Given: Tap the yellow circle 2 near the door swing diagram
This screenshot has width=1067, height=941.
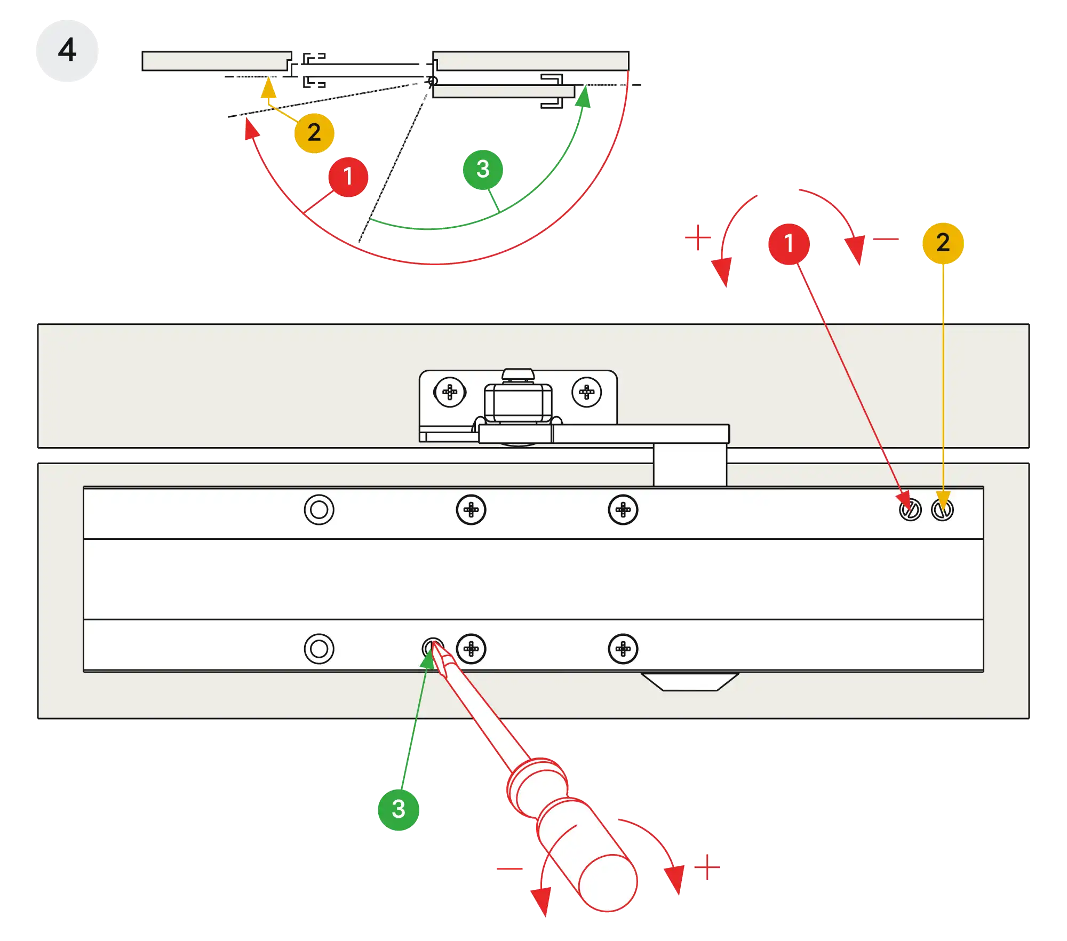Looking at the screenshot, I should [314, 132].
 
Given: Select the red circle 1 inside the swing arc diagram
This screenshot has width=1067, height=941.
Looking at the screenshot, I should [348, 177].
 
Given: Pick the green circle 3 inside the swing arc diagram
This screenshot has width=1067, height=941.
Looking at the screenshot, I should [482, 170].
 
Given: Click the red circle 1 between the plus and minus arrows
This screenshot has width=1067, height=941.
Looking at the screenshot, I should [789, 243].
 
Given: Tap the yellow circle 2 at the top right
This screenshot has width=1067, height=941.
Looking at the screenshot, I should [943, 243].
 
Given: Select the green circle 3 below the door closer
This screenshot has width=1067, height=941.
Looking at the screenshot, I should [398, 809].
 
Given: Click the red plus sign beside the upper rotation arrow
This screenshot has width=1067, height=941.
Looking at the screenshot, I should [697, 237].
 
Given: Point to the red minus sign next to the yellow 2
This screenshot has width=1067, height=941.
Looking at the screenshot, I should [886, 240].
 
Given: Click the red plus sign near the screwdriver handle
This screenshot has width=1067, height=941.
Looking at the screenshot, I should [707, 868].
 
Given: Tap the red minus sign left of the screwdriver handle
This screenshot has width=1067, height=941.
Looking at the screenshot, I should [509, 868].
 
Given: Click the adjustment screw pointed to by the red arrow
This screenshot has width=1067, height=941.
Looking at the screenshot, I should [910, 510].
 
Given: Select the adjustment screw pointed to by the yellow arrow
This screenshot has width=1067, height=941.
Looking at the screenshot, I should [942, 510].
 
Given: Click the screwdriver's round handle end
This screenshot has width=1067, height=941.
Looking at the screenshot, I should [608, 883].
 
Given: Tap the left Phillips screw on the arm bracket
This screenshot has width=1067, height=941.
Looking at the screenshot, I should [450, 392].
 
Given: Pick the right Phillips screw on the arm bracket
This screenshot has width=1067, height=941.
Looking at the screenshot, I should [586, 392].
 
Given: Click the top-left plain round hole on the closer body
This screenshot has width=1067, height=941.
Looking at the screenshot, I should [319, 510].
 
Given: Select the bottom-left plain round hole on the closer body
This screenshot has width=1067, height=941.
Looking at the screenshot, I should [319, 649].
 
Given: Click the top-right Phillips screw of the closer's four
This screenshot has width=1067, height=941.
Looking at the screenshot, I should [623, 510].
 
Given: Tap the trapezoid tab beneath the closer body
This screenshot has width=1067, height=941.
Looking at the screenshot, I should [689, 681].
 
